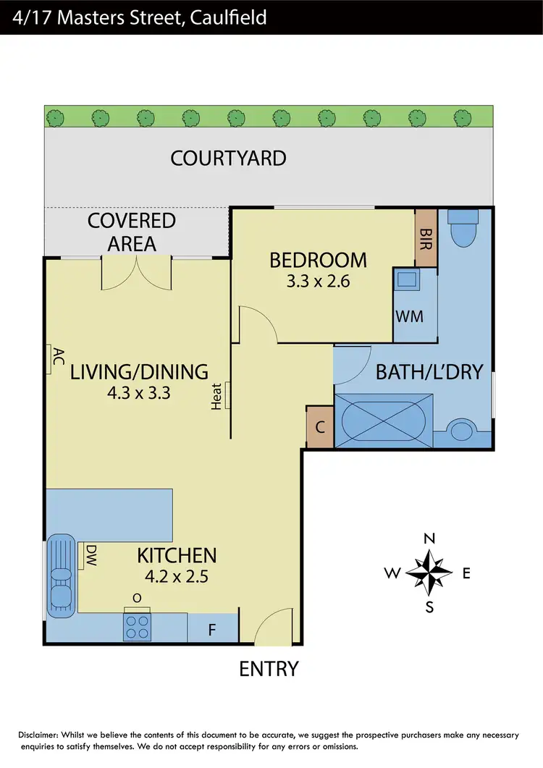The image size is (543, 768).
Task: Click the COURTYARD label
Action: point(228,158)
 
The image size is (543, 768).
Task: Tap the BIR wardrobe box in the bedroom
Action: point(426,238)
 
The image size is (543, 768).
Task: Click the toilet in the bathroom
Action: point(461,230)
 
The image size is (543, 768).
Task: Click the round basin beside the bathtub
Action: point(460,431)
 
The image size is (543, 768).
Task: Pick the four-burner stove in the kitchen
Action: point(138,626)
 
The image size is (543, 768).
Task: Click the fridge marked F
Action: point(212,629)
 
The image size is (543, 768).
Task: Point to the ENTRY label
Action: point(269,669)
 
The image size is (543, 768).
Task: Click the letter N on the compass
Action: point(429,539)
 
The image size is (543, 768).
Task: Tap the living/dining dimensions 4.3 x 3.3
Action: point(139,394)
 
